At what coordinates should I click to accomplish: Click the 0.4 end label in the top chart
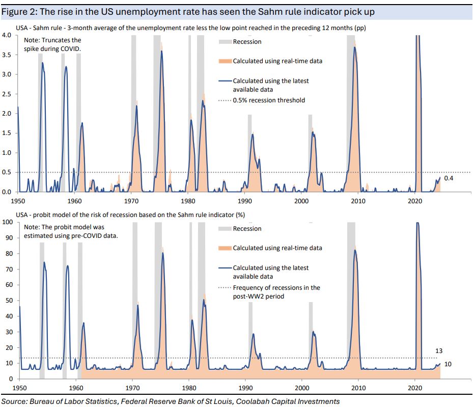tap(448, 178)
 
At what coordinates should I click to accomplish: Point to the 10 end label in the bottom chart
tap(448, 364)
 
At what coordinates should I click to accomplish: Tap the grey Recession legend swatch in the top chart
tap(225, 42)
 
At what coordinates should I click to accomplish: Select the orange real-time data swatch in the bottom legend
tap(225, 248)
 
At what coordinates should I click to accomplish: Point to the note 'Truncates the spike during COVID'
tap(52, 43)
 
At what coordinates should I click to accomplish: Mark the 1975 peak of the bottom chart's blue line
tap(163, 253)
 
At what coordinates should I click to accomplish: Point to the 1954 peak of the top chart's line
tap(43, 63)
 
